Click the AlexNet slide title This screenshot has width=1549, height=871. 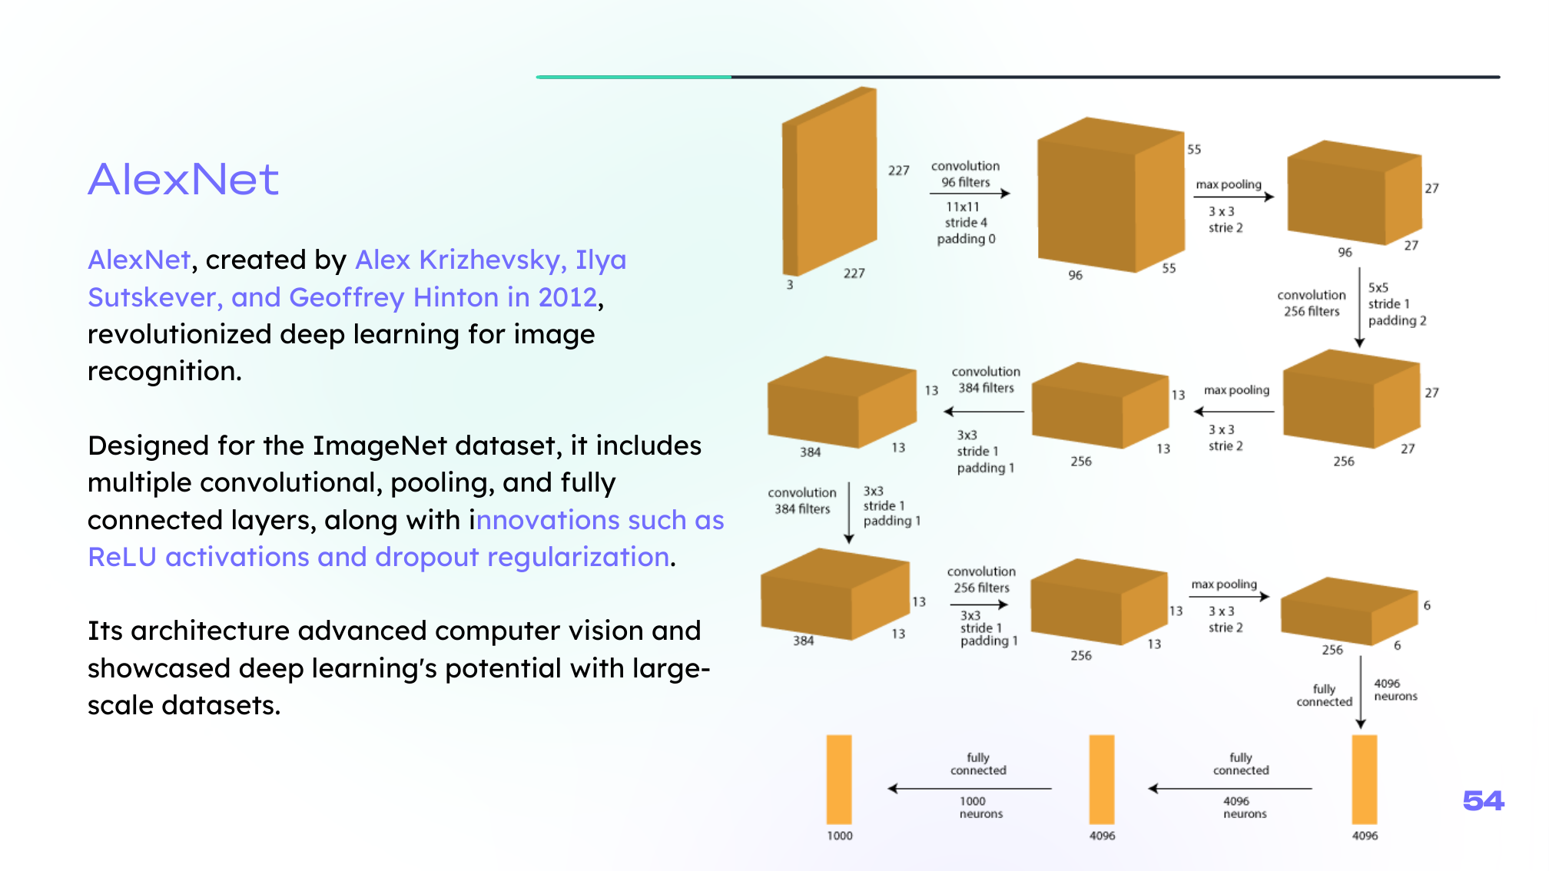coord(183,180)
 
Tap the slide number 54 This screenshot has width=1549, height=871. coord(1483,801)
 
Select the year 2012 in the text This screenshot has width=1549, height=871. coord(567,297)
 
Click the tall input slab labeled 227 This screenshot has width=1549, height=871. coord(830,181)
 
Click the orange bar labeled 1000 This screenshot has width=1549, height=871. coord(839,780)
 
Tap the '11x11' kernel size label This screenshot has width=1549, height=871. coord(963,207)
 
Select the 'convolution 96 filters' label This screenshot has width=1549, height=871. coord(966,174)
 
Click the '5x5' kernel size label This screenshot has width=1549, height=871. coord(1378,287)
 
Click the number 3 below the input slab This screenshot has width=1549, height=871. coord(790,284)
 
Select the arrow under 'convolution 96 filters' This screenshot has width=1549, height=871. coord(970,194)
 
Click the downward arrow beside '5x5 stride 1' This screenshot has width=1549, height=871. coord(1360,307)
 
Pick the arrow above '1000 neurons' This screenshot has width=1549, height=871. coord(970,788)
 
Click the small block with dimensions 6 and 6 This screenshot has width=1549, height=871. coord(1349,611)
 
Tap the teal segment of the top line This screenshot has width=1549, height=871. coord(634,77)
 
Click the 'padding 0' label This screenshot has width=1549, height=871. coord(967,239)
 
